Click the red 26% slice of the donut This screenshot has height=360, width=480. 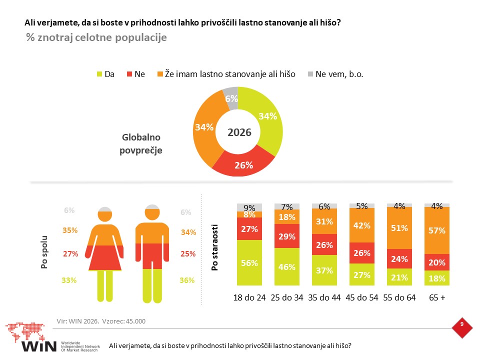pyautogui.click(x=243, y=164)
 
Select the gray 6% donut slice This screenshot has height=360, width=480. pyautogui.click(x=231, y=98)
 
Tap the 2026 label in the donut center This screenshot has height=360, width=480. pyautogui.click(x=239, y=132)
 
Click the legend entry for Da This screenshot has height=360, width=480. pyautogui.click(x=105, y=74)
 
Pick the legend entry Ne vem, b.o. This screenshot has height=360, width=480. pyautogui.click(x=335, y=74)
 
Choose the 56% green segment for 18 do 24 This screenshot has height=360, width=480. pyautogui.click(x=249, y=262)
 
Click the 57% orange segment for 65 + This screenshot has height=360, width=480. pyautogui.click(x=437, y=230)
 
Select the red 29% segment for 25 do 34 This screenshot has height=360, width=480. pyautogui.click(x=287, y=236)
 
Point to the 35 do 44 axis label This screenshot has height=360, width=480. pyautogui.click(x=324, y=297)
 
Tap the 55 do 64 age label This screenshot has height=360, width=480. pyautogui.click(x=399, y=297)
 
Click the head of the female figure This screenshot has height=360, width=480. pyautogui.click(x=105, y=214)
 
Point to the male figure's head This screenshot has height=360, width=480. pyautogui.click(x=152, y=212)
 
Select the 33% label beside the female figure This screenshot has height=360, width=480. pyautogui.click(x=69, y=280)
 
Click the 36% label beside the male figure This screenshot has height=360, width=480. pyautogui.click(x=187, y=280)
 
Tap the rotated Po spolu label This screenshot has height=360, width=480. pyautogui.click(x=44, y=252)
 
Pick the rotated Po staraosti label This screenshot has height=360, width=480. pyautogui.click(x=214, y=247)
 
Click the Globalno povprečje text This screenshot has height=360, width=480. pyautogui.click(x=141, y=143)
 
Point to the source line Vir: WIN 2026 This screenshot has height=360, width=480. pyautogui.click(x=78, y=321)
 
